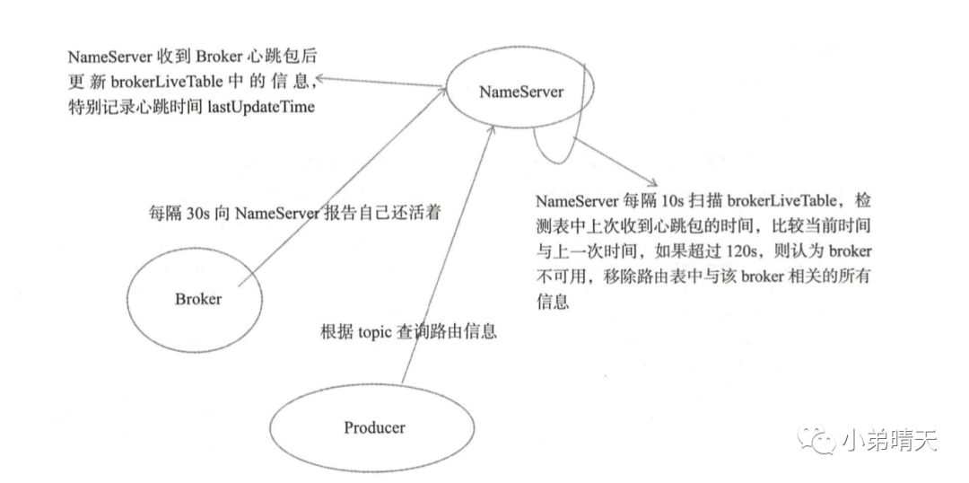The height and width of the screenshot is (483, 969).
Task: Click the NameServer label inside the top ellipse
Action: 521,92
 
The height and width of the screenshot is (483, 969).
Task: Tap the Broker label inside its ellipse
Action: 197,299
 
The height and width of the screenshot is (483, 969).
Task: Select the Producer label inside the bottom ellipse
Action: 373,426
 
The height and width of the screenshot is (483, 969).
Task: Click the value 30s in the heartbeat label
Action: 192,215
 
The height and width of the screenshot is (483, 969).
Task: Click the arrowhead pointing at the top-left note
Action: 320,79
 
